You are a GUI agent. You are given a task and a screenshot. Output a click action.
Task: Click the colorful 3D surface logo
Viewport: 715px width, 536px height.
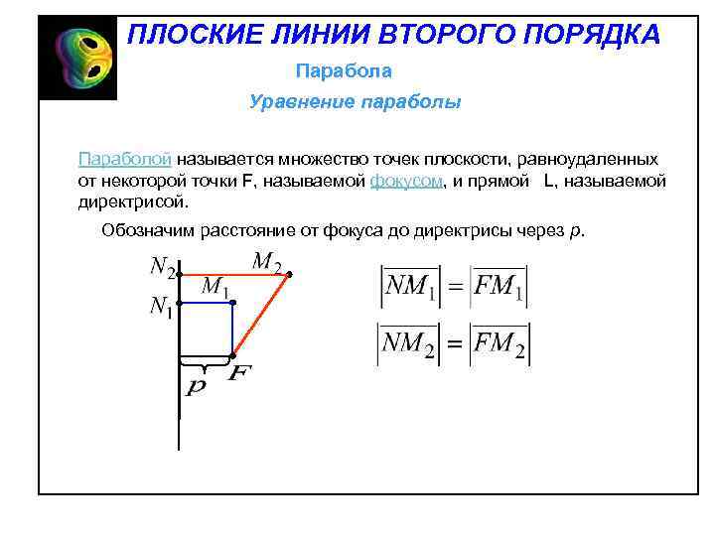(77, 58)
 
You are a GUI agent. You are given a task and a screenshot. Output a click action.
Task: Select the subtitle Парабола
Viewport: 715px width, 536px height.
(344, 71)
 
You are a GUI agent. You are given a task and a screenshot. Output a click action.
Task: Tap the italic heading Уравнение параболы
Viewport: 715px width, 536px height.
(356, 102)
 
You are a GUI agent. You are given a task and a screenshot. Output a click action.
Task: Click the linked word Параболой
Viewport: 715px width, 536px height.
(126, 159)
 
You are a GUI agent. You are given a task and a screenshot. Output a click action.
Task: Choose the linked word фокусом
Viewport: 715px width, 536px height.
(404, 181)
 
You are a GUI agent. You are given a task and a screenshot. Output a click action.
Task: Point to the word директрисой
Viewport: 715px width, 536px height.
(131, 202)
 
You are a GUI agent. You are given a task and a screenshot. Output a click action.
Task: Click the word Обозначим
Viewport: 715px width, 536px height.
(150, 231)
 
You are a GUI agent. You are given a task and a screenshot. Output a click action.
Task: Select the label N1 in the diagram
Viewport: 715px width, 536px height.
(162, 309)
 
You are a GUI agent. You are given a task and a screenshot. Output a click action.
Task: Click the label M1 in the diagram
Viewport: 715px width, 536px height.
(215, 287)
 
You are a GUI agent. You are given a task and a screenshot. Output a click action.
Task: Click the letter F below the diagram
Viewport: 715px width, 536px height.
(239, 374)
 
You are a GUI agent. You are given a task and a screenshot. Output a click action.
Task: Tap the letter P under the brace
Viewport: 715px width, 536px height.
(197, 386)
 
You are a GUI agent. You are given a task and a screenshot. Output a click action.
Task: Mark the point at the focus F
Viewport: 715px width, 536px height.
(232, 355)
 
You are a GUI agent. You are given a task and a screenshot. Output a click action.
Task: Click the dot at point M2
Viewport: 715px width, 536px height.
(288, 274)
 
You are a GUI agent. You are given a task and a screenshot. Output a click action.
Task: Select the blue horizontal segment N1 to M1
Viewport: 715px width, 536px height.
(206, 302)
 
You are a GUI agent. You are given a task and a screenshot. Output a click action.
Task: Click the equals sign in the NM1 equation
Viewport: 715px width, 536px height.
(455, 288)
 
